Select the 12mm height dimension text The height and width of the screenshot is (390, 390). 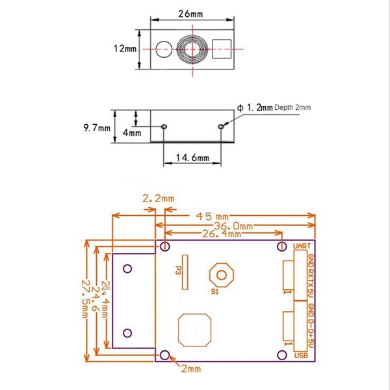pyautogui.click(x=125, y=49)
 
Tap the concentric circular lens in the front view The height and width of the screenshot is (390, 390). pyautogui.click(x=192, y=49)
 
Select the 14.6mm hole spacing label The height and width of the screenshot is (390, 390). pyautogui.click(x=191, y=157)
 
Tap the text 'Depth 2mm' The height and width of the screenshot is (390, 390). pyautogui.click(x=292, y=108)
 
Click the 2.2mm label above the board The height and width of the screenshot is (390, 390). pyautogui.click(x=159, y=198)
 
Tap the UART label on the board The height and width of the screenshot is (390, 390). pyautogui.click(x=302, y=247)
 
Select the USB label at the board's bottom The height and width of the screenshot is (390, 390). pyautogui.click(x=301, y=355)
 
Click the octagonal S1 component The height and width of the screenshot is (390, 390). pyautogui.click(x=222, y=275)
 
